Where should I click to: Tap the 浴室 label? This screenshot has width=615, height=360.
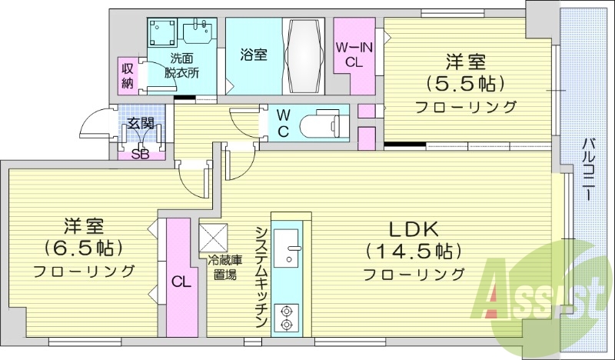(x=254, y=55)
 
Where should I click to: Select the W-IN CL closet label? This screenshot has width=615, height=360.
(x=354, y=55)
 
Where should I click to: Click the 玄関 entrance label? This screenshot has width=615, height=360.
(x=140, y=122)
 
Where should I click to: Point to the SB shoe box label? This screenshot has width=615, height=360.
(x=140, y=152)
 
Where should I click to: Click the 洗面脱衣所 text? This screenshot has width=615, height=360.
(x=182, y=66)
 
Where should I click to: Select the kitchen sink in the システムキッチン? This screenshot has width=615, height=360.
(x=290, y=240)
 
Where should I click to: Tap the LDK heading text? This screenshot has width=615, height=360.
(x=412, y=228)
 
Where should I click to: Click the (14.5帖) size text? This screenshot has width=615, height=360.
(x=413, y=251)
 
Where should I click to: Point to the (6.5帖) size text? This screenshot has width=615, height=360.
(x=84, y=248)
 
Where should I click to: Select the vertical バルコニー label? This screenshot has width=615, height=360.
(x=587, y=170)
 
